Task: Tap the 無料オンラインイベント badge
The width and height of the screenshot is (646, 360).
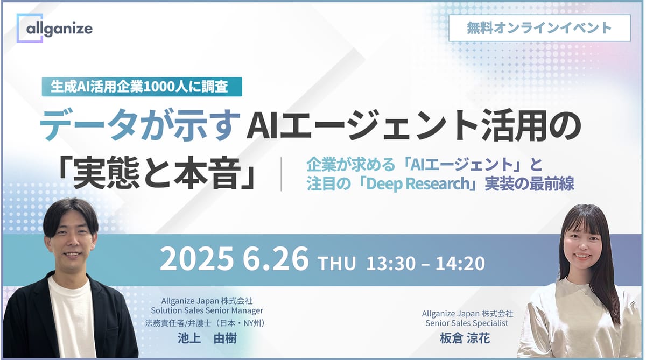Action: coord(539,27)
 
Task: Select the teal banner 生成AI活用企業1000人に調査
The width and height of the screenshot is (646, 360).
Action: coord(142,87)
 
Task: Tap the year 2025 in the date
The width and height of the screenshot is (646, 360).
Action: coord(196,260)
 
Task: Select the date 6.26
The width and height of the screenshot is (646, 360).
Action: coord(276,260)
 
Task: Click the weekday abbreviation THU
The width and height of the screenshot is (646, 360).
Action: coord(337,264)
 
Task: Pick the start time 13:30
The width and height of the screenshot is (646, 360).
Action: coord(388,263)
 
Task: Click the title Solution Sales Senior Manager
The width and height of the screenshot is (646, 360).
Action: coord(207,310)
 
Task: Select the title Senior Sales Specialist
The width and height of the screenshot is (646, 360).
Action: coord(467,323)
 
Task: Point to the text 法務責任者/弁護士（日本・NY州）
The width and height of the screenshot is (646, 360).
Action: coord(207,323)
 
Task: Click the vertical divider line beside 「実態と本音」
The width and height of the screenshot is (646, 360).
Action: coord(281,174)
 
